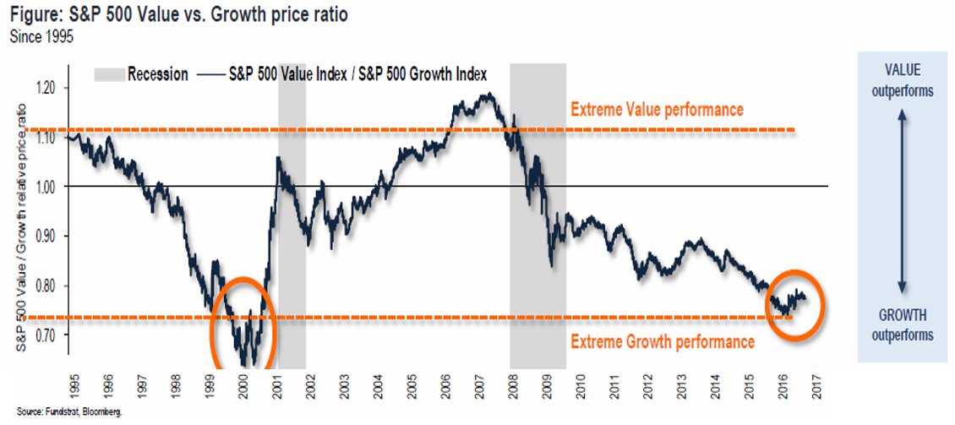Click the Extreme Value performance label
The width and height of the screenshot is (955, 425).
click(657, 110)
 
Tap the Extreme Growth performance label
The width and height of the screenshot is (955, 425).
click(662, 341)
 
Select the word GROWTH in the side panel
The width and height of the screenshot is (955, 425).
click(903, 315)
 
